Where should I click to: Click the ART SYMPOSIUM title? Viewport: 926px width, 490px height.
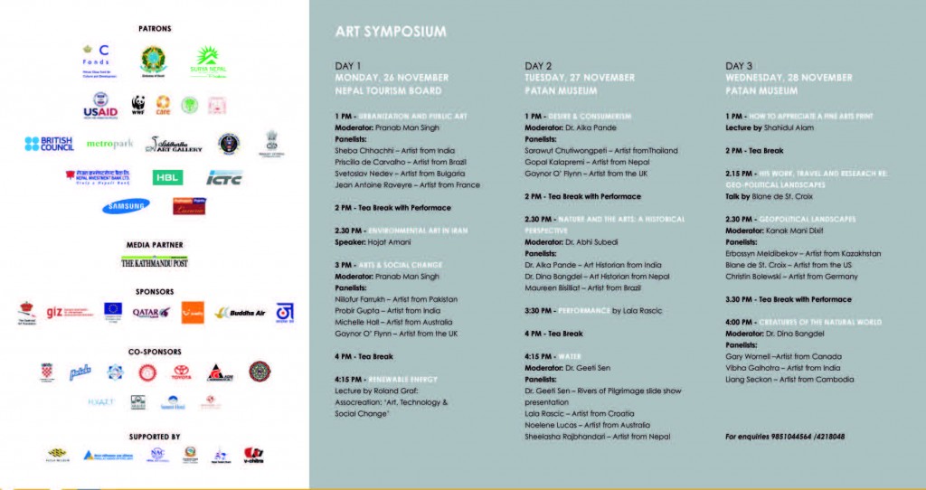click(391, 32)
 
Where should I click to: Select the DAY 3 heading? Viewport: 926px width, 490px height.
click(739, 66)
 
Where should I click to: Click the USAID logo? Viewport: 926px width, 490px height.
click(100, 107)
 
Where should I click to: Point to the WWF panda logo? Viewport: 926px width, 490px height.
click(138, 105)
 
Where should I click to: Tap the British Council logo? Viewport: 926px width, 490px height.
click(50, 144)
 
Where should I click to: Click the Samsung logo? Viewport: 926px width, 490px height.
click(126, 206)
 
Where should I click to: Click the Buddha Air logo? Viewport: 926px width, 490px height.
click(234, 313)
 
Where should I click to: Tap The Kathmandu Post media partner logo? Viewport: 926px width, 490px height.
click(155, 262)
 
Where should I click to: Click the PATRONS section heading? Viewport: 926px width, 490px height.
click(155, 29)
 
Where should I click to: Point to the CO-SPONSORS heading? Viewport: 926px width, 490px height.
click(155, 351)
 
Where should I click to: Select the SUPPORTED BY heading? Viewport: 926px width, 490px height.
click(155, 436)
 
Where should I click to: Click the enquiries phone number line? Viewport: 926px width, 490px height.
click(785, 436)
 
